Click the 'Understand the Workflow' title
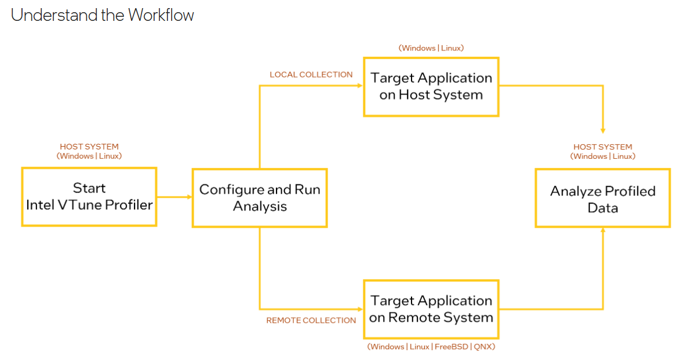[x=103, y=15]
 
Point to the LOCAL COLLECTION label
[x=311, y=75]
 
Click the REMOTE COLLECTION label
[x=311, y=321]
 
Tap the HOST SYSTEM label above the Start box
[x=89, y=147]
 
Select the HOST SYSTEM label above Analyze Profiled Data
[x=603, y=147]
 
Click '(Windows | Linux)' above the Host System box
[x=431, y=48]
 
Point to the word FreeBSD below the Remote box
[x=452, y=347]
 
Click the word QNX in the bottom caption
[x=483, y=347]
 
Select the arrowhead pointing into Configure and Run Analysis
[x=190, y=197]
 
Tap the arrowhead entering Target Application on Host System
[x=360, y=86]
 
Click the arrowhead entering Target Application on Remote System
[x=360, y=309]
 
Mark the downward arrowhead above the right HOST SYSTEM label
[x=603, y=131]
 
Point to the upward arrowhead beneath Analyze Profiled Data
[x=603, y=230]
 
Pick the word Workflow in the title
[x=161, y=15]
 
